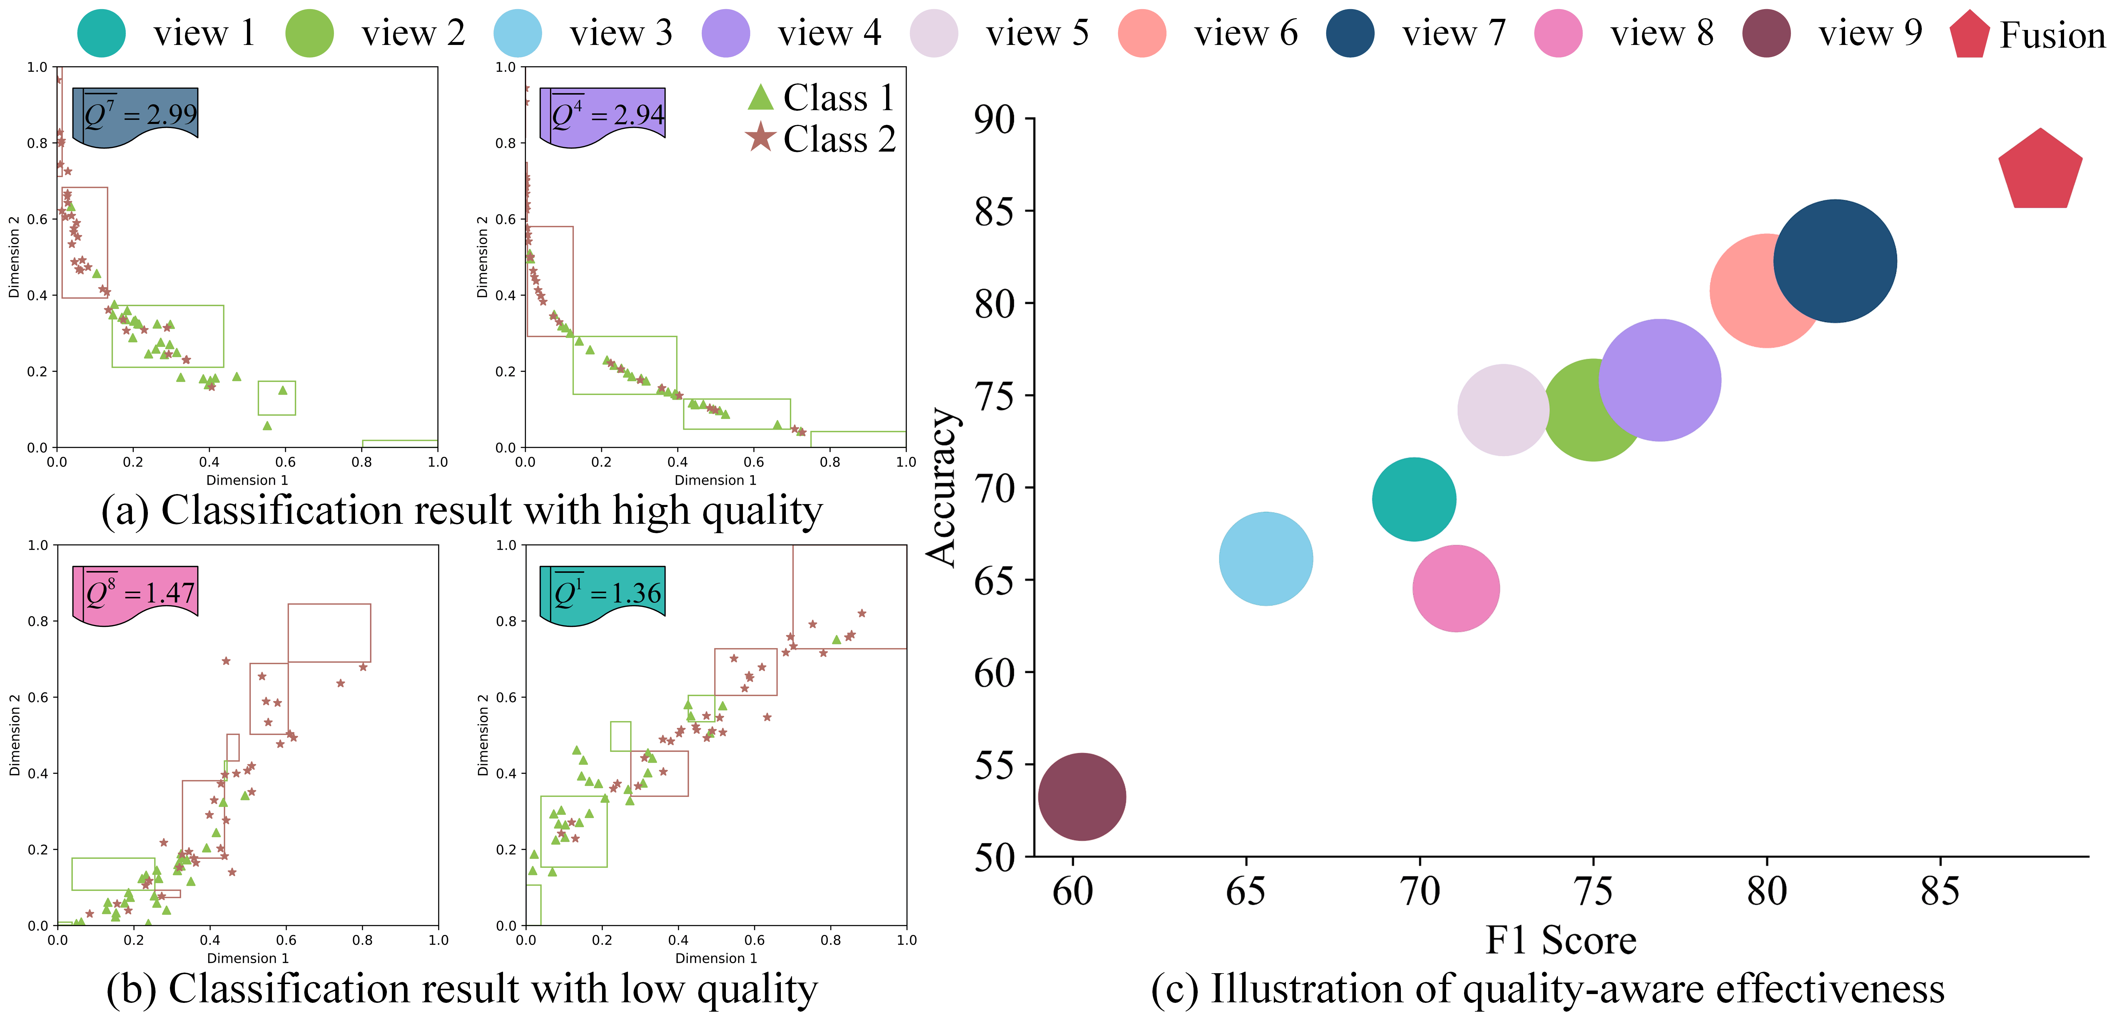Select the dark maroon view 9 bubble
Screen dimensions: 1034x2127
pyautogui.click(x=1082, y=796)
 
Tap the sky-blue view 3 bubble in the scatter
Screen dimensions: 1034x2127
pyautogui.click(x=1266, y=559)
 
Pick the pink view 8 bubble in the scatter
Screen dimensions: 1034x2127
pyautogui.click(x=1456, y=588)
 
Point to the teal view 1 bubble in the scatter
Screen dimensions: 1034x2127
pyautogui.click(x=1413, y=499)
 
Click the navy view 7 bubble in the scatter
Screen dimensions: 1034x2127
pyautogui.click(x=1835, y=261)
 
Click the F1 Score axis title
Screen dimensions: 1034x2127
pyautogui.click(x=1560, y=940)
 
